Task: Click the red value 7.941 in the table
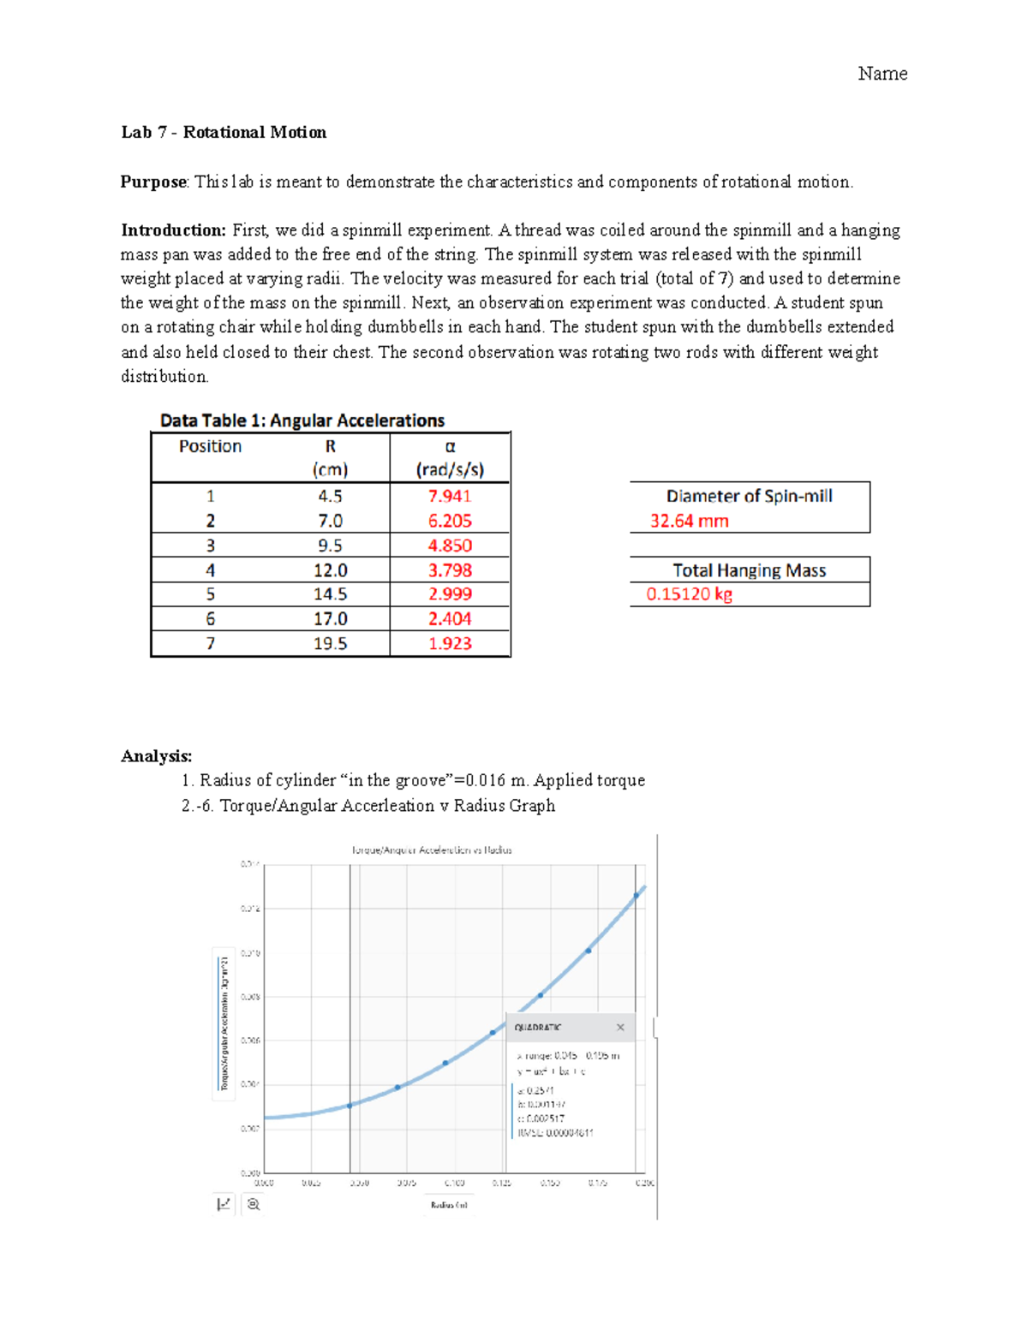[450, 496]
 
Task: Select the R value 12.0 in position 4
[330, 570]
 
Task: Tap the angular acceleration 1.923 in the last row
[450, 644]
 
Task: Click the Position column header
[210, 446]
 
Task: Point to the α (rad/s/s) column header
[450, 458]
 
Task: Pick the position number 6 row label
[210, 619]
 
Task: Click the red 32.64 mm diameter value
[689, 521]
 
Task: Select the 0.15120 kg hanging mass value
[689, 594]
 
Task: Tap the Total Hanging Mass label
[749, 570]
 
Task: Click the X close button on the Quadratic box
[620, 1027]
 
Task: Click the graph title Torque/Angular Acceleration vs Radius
[431, 850]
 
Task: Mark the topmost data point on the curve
[637, 896]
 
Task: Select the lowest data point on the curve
[350, 1106]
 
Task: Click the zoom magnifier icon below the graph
[253, 1204]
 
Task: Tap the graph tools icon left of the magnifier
[224, 1204]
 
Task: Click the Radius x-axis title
[449, 1205]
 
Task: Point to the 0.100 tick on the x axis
[454, 1183]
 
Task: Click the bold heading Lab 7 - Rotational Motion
[224, 132]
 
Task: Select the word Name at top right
[882, 74]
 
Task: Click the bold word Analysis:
[156, 755]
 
